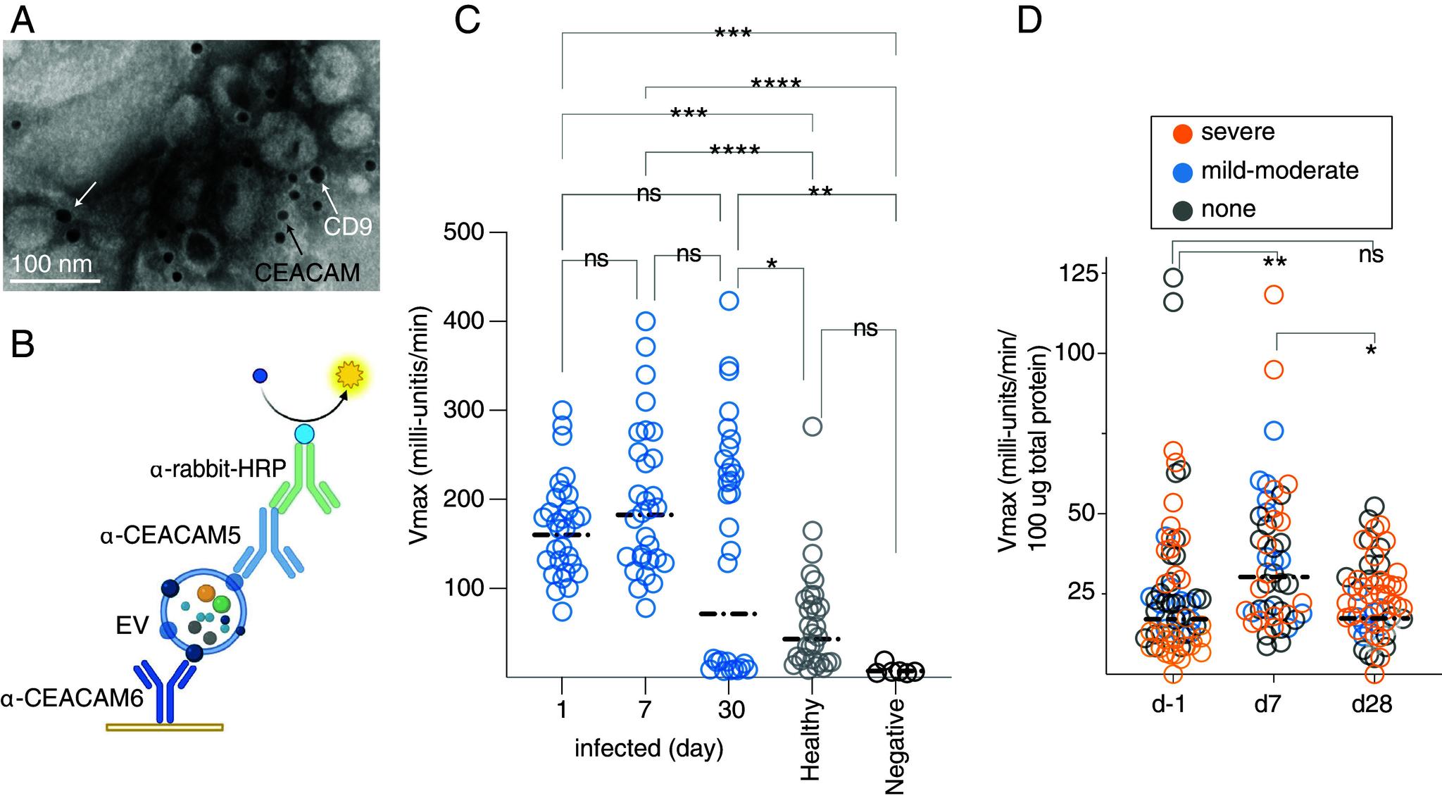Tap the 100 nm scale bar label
tap(52, 264)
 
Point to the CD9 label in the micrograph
tap(347, 226)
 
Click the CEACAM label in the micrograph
tap(307, 273)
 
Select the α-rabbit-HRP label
tap(218, 468)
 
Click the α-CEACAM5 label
tap(170, 536)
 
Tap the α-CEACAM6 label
tap(72, 699)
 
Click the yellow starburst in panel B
tap(348, 377)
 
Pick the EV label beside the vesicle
tap(132, 626)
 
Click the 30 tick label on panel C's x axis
tap(732, 709)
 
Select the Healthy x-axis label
tap(812, 740)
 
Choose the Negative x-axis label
tap(895, 747)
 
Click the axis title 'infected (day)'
tap(648, 748)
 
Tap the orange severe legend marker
tap(1184, 132)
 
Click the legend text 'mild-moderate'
tap(1279, 170)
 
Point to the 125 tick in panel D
tap(1079, 273)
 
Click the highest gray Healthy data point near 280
tap(813, 426)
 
